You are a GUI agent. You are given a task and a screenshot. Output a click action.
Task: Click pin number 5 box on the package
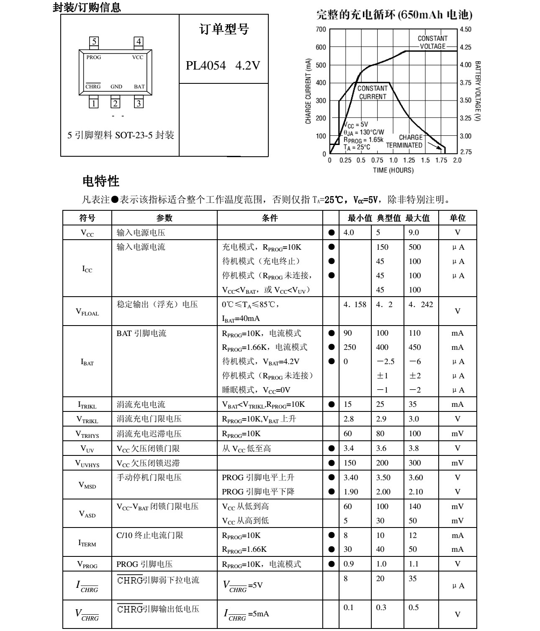click(x=95, y=41)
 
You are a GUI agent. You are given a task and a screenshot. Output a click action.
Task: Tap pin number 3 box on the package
click(x=139, y=103)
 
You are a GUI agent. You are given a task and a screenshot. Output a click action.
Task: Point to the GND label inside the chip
click(x=116, y=87)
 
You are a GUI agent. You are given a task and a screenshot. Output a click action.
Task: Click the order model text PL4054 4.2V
click(x=223, y=66)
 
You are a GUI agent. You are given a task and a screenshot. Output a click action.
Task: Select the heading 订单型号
click(x=224, y=29)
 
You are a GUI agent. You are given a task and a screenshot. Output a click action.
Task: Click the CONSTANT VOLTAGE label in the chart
click(x=432, y=42)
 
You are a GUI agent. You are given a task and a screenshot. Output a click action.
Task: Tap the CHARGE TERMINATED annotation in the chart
click(x=404, y=141)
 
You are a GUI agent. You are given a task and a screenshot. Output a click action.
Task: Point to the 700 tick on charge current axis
click(x=321, y=29)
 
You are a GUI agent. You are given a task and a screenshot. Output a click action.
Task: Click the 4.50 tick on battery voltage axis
click(x=465, y=29)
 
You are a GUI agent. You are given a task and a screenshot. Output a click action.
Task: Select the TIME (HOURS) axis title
click(x=393, y=170)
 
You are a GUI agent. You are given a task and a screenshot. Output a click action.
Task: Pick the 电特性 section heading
click(x=101, y=181)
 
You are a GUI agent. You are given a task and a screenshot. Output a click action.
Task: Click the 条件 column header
click(x=270, y=218)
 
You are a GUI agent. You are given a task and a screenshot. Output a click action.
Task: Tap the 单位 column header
click(x=457, y=218)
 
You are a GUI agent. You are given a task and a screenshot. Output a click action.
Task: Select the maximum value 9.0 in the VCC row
click(x=414, y=233)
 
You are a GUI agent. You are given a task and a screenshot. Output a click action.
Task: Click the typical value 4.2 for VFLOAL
click(x=384, y=305)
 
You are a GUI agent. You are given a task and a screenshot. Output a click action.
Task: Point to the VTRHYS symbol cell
click(x=87, y=434)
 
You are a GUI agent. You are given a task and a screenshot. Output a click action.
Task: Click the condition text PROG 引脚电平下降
click(x=258, y=491)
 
